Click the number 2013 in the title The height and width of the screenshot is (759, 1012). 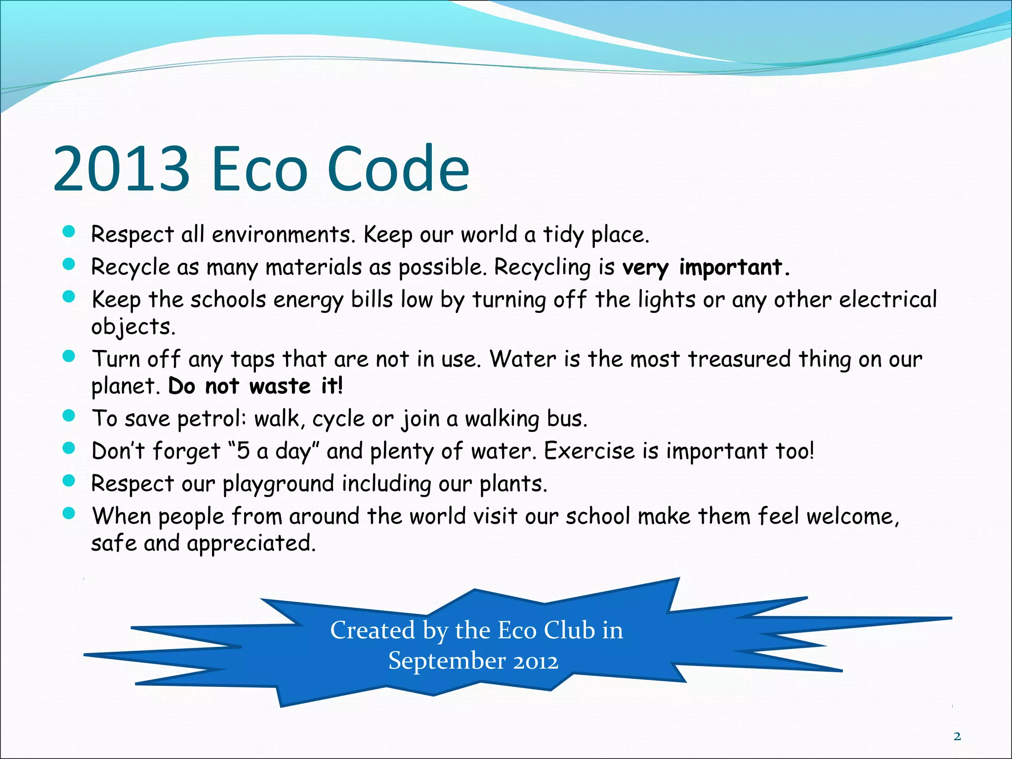click(121, 169)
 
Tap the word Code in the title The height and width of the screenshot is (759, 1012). click(398, 169)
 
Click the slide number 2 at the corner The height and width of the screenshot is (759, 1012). click(957, 737)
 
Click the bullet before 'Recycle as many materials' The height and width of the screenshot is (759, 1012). click(69, 264)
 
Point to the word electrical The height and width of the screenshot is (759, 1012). click(887, 299)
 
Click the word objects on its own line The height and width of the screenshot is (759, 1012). click(132, 327)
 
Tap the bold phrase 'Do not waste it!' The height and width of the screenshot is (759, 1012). click(255, 386)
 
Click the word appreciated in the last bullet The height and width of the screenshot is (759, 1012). click(251, 544)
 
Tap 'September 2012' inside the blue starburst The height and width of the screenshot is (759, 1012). click(473, 661)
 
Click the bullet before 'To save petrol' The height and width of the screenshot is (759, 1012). click(69, 416)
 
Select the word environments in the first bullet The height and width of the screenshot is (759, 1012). click(283, 234)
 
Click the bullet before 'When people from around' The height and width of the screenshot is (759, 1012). click(69, 513)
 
